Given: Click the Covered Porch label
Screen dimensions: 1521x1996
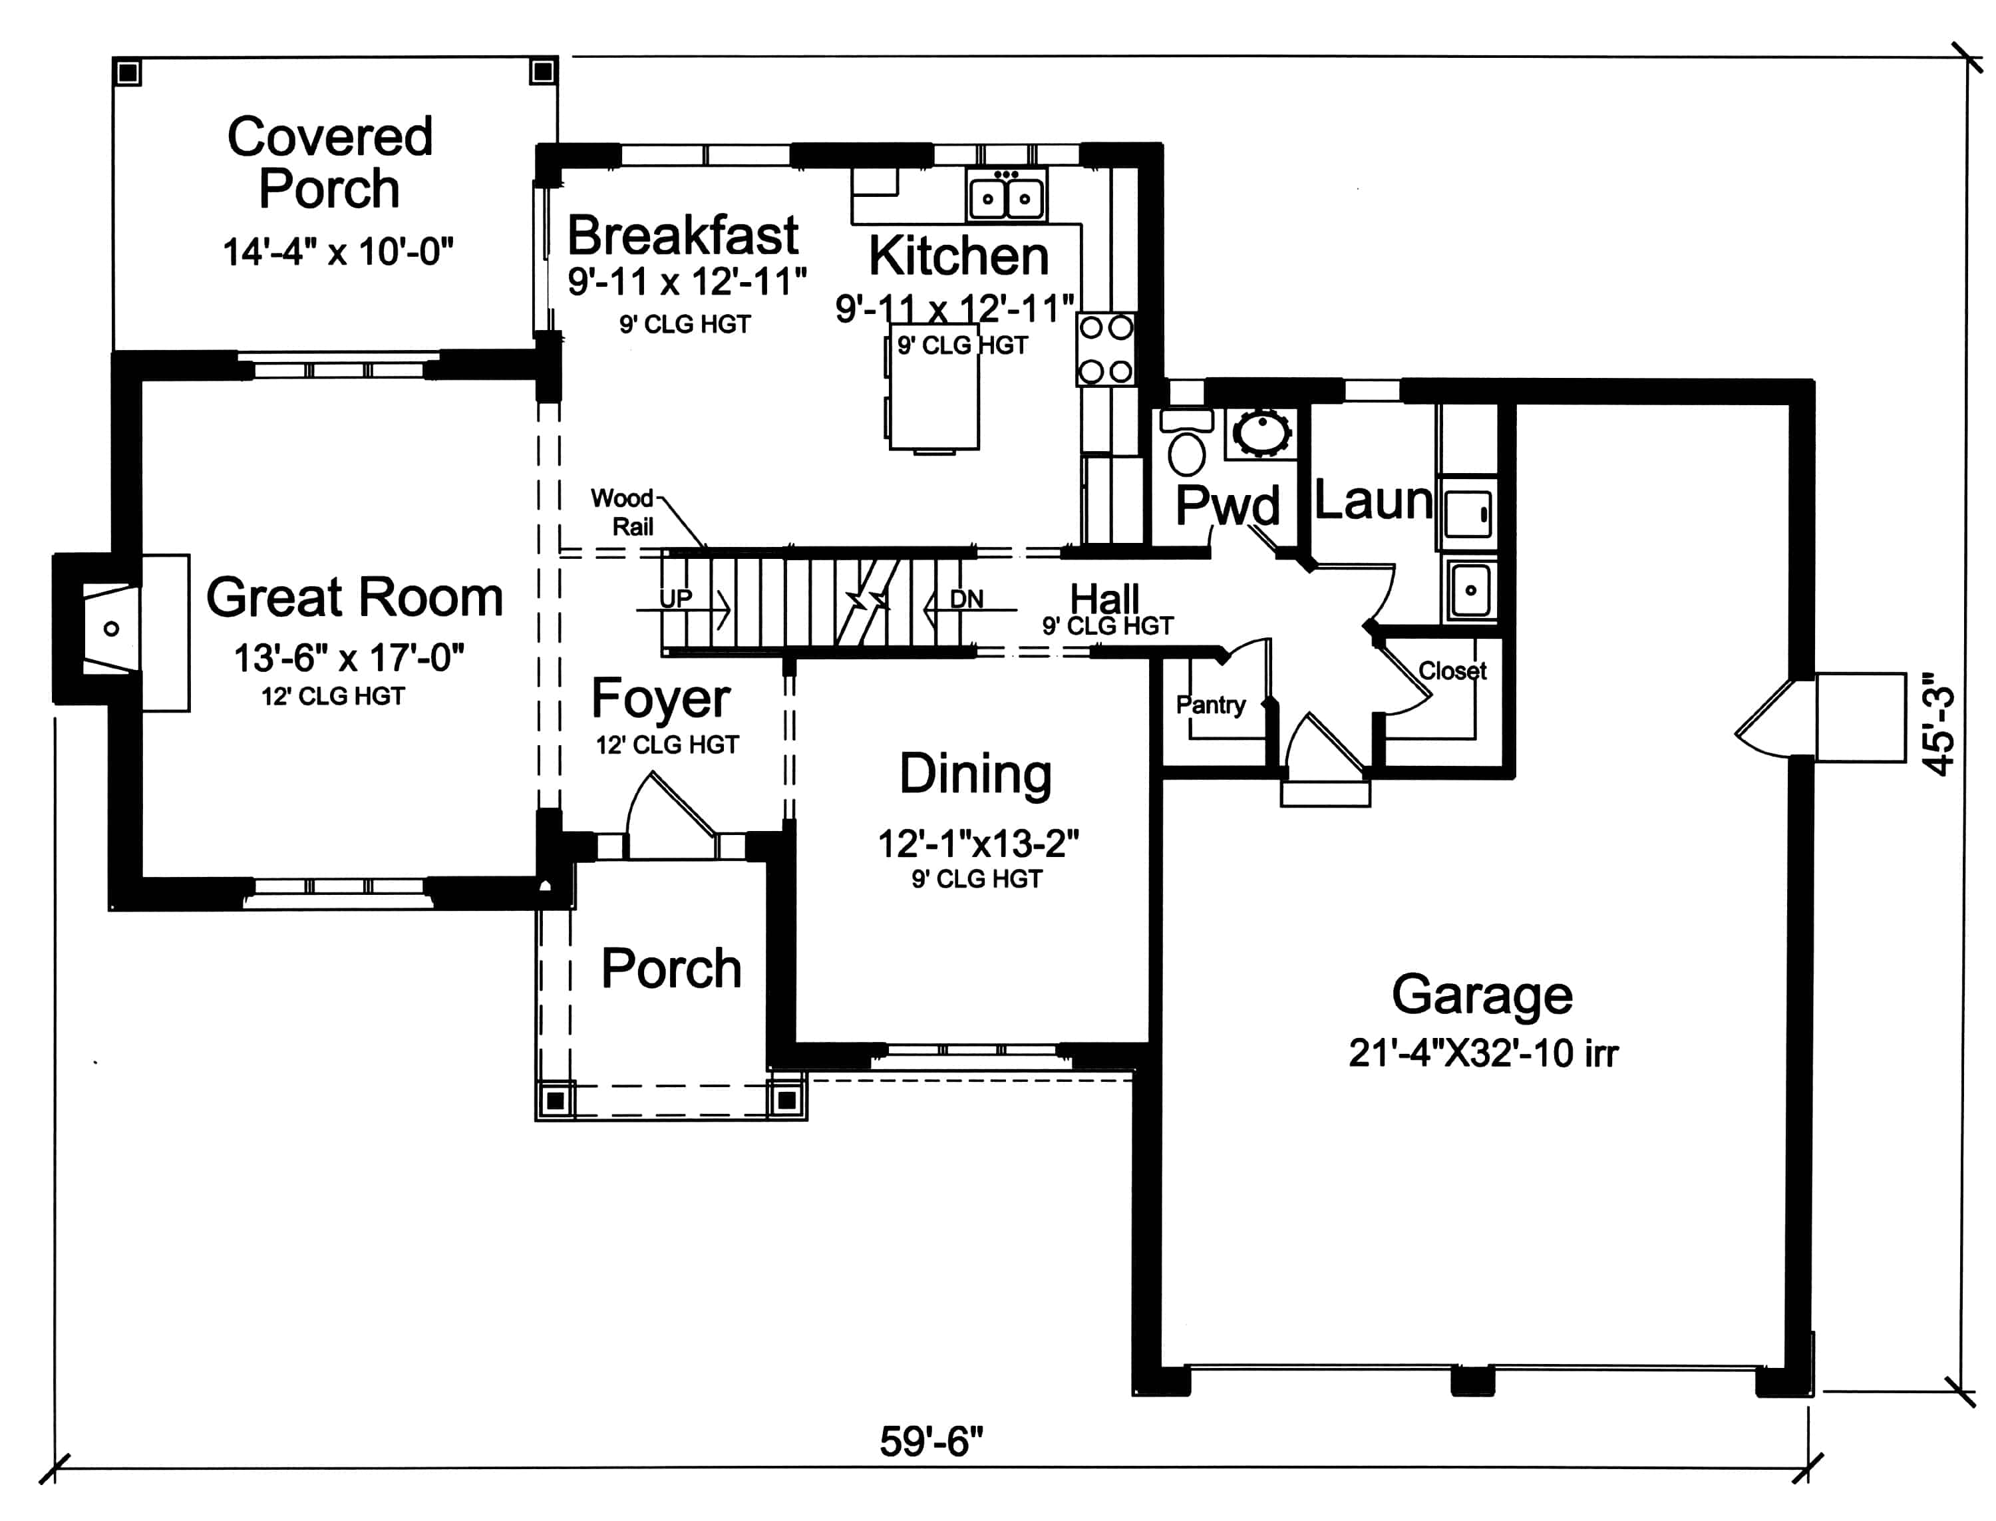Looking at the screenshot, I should [329, 163].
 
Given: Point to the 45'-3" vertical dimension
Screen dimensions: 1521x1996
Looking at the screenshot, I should [1939, 725].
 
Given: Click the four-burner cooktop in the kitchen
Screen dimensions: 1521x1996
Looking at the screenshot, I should [1105, 349].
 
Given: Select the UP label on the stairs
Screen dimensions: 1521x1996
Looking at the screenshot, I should [675, 597].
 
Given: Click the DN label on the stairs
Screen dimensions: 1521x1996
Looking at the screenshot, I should [966, 598].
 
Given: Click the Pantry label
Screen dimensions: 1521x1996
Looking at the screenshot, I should [1210, 705].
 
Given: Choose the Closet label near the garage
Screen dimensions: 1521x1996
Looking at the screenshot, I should [1451, 671].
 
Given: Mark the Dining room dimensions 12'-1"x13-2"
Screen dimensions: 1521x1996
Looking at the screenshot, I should [977, 844].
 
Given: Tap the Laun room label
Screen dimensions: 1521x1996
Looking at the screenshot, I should [1373, 500].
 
